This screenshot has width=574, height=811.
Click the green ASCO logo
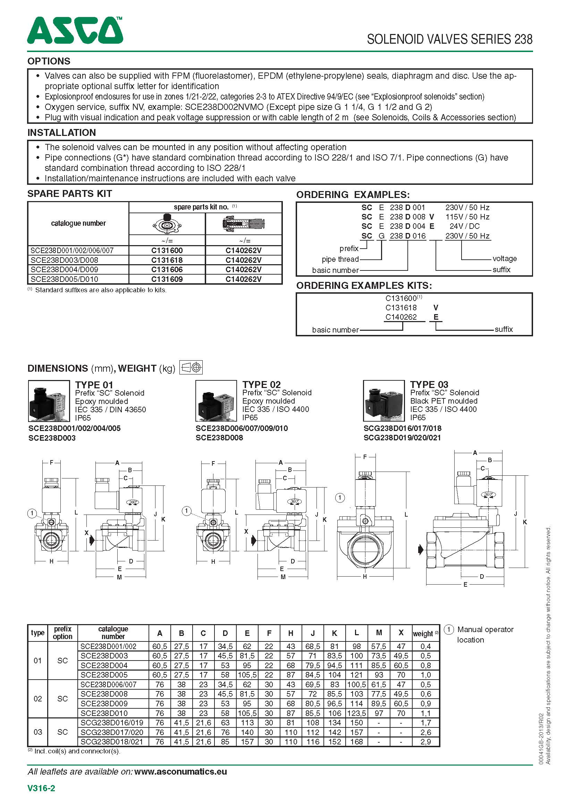tap(75, 31)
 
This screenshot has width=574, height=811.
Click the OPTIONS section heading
tap(49, 61)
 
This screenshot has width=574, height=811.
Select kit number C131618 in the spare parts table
tap(167, 260)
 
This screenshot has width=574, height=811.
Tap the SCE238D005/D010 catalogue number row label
tap(64, 279)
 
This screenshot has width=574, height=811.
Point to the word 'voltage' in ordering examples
tap(504, 259)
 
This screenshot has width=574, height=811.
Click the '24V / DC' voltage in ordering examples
tap(464, 226)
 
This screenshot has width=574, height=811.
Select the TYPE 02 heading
tap(261, 384)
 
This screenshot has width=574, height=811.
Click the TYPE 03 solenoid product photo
tap(384, 400)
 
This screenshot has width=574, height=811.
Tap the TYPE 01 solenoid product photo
tap(49, 401)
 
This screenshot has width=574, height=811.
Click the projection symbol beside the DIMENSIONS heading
tap(191, 368)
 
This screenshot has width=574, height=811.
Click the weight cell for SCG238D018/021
tap(425, 741)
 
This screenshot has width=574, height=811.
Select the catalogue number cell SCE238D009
tap(104, 703)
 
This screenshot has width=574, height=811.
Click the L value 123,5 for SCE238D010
tap(356, 713)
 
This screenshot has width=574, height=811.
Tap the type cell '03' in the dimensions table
tap(37, 732)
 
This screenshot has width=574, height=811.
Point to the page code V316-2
tap(41, 788)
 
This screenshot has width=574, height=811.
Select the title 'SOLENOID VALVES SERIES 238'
tap(449, 39)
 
